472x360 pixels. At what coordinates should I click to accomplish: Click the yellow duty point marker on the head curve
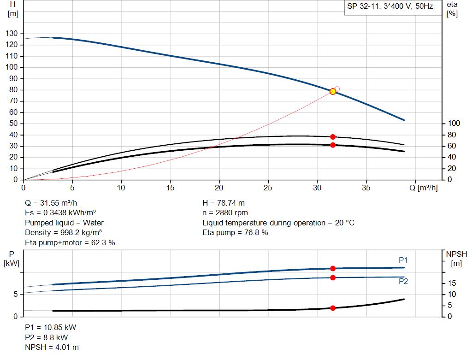(333, 91)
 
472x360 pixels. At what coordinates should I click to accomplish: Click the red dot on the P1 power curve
(333, 268)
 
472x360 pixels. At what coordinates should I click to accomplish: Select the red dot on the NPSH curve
(333, 308)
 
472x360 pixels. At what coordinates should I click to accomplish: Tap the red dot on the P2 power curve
(333, 277)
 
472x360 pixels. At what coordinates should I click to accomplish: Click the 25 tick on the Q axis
(268, 188)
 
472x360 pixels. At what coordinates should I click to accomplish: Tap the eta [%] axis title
(452, 9)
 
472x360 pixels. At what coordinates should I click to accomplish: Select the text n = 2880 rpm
(225, 213)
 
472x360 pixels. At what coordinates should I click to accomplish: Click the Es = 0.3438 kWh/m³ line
(60, 213)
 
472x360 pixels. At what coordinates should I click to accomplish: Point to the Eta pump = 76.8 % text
(235, 232)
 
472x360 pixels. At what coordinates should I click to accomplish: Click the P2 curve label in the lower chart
(403, 281)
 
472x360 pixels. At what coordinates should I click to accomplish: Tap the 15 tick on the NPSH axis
(452, 283)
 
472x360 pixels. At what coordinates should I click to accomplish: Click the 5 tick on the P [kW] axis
(16, 294)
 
